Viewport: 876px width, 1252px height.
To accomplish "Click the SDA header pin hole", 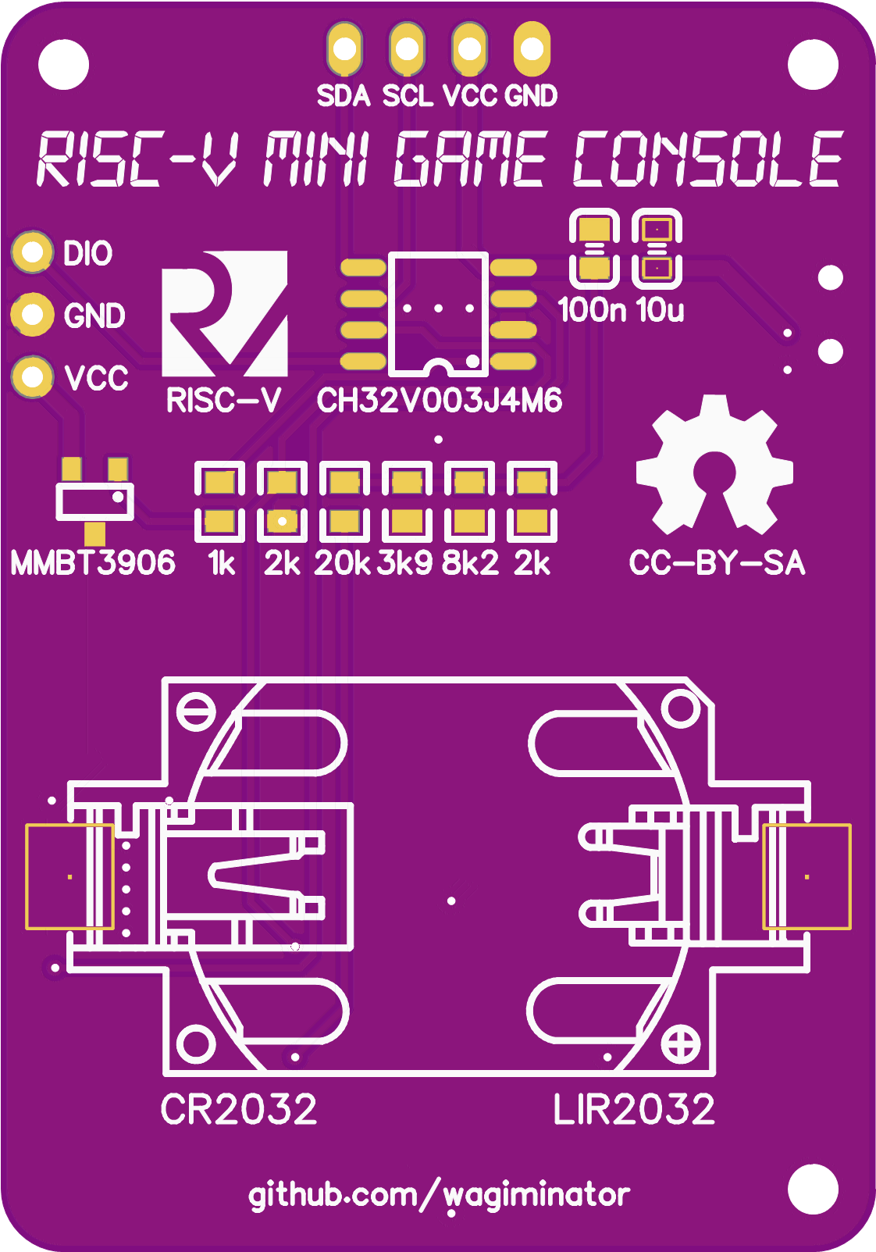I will tap(344, 48).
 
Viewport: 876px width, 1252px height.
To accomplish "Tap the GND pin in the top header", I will tap(532, 48).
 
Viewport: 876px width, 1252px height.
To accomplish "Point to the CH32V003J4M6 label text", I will tap(439, 401).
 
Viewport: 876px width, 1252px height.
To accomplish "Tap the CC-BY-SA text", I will tap(717, 563).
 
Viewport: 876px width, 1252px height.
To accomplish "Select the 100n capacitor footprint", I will tap(594, 248).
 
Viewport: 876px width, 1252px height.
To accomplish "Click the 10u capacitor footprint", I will tap(657, 248).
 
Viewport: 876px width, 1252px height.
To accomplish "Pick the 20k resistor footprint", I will tap(344, 501).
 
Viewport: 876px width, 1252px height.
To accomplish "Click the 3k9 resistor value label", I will tap(404, 563).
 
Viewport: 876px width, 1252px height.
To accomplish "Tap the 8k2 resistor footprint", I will tap(469, 501).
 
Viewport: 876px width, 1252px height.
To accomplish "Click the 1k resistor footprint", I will tap(219, 501).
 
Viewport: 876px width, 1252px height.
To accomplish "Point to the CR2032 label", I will tap(239, 1109).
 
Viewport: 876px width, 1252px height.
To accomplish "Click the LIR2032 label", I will tap(633, 1109).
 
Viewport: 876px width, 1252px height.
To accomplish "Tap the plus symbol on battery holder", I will tap(681, 1044).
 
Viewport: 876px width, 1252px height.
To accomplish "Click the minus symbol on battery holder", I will tap(196, 712).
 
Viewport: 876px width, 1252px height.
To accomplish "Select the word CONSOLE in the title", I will tap(707, 160).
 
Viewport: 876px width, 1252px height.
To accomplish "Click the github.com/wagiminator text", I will tap(439, 1195).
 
